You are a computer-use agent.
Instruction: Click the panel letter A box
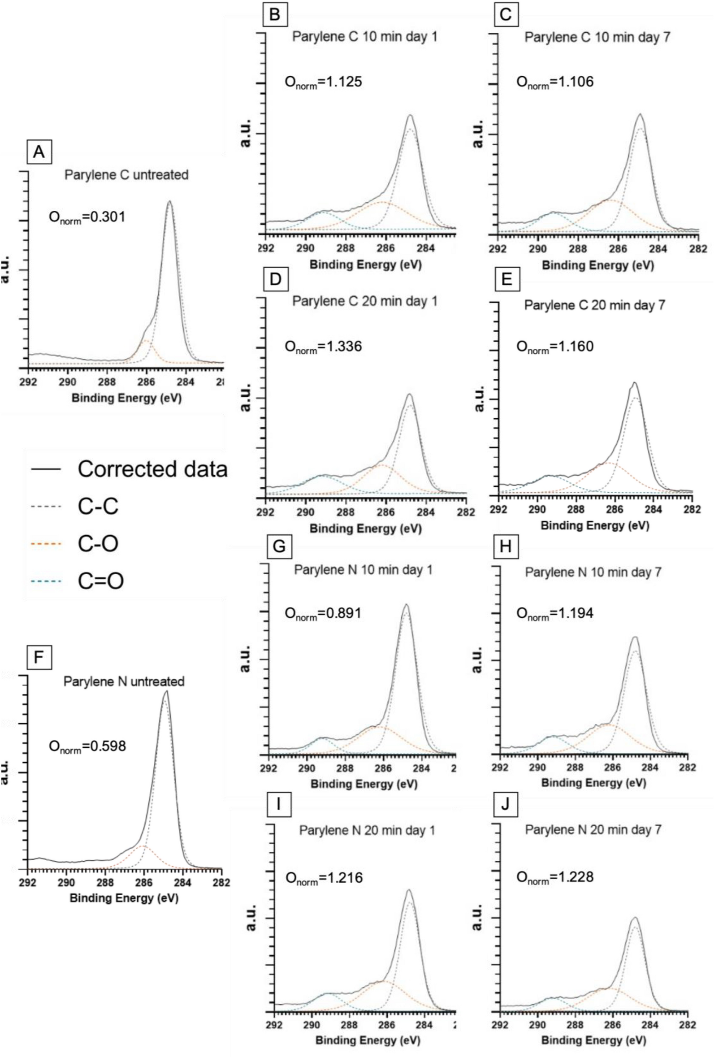pos(39,152)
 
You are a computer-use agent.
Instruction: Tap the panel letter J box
pos(505,805)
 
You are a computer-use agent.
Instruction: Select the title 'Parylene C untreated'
pos(126,175)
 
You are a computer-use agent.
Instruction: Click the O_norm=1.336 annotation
pos(323,347)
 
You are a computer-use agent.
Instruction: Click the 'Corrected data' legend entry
pos(129,469)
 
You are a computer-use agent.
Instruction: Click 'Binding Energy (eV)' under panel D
pos(365,529)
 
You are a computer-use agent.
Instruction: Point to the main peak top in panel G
pos(406,605)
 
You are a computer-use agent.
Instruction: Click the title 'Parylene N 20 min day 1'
pos(367,830)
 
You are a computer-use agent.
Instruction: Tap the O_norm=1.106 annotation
pos(555,82)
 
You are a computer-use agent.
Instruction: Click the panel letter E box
pos(506,279)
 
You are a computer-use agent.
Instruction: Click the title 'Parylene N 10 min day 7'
pos(593,572)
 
